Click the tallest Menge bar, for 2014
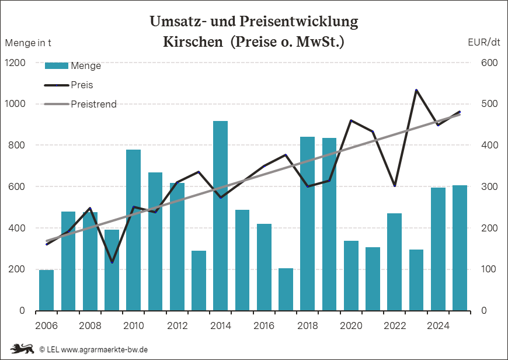coord(220,216)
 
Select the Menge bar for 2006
coord(46,290)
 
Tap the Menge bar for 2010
coord(134,230)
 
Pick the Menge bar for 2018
coord(308,224)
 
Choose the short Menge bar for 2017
coord(286,289)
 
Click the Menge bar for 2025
coord(460,248)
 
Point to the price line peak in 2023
coord(416,90)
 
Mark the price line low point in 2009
coord(112,262)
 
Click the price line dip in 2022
coord(395,186)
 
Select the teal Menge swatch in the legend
coord(57,66)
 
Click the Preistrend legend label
coord(93,104)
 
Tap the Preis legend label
coord(82,85)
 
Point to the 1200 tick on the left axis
coord(15,63)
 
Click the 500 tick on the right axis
coord(489,104)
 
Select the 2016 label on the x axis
coord(264,326)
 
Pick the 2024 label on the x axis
coord(438,326)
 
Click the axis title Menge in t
coord(28,43)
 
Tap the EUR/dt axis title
coord(484,42)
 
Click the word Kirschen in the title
coord(193,41)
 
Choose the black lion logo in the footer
coord(22,349)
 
